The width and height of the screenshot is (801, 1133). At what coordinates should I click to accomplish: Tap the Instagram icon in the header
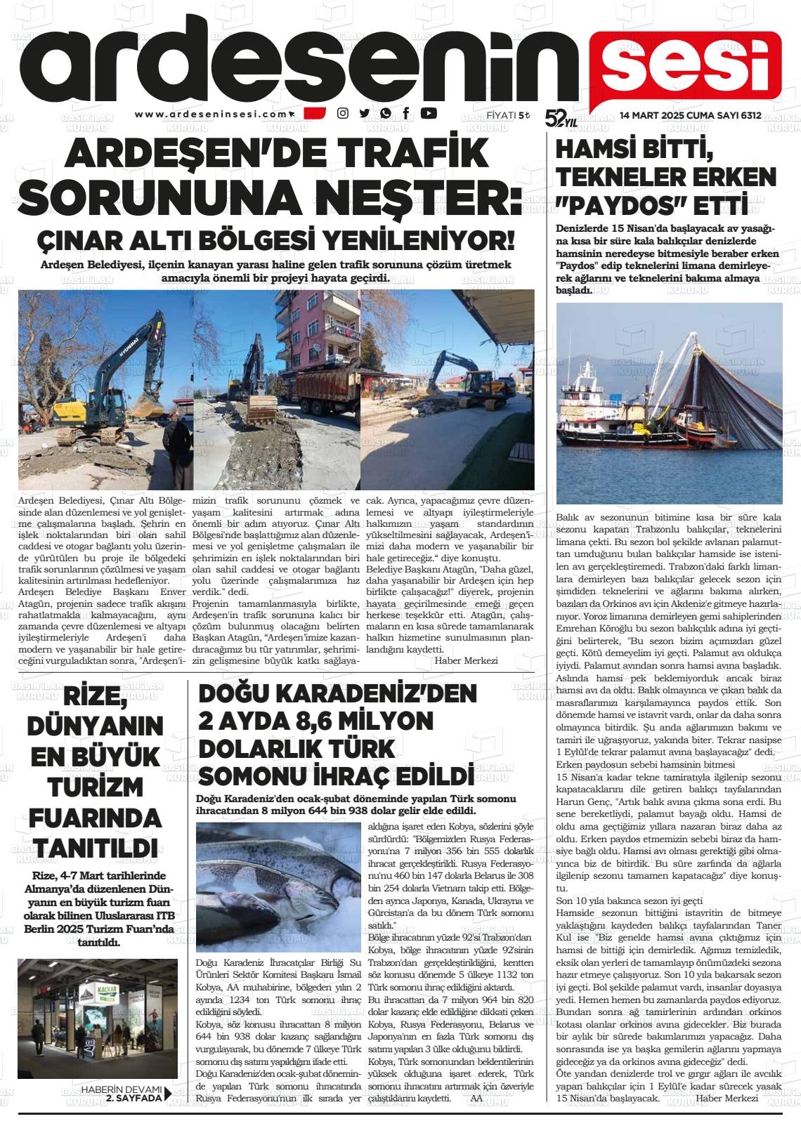343,113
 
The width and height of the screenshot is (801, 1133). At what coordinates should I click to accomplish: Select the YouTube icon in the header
428,113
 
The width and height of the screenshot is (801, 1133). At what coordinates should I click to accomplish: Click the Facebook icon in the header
406,113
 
